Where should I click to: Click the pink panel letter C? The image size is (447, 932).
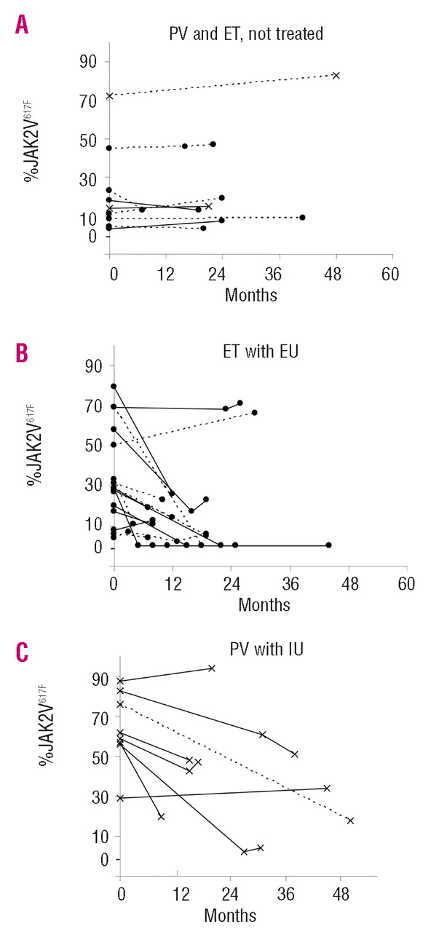(x=23, y=651)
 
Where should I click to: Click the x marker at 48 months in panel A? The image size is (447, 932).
(x=336, y=75)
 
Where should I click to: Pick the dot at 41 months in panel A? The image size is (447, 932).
(x=302, y=217)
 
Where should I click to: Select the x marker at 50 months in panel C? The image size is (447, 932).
(x=350, y=821)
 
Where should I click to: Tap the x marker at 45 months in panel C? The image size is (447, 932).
(x=327, y=788)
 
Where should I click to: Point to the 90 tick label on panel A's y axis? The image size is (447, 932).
(x=89, y=62)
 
